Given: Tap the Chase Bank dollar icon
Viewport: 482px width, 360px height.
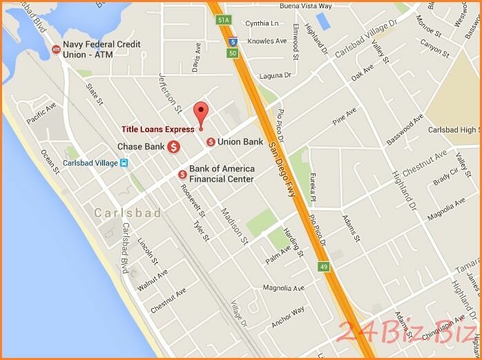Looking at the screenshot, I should pos(175,147).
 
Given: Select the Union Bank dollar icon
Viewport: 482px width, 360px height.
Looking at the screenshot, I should pos(211,142).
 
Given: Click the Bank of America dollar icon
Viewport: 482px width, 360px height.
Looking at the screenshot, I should pos(182,173).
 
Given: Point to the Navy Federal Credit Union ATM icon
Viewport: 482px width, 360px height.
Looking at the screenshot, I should pos(56,49).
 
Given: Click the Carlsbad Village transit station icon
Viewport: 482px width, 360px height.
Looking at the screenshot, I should pos(124,163).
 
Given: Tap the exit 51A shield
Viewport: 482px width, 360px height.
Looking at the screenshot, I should pos(223,21).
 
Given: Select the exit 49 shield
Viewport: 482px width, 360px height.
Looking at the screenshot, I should pos(324,267).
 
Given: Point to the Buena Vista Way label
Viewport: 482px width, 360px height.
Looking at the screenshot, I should pos(306,6).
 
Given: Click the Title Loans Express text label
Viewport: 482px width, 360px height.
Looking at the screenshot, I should pos(158,129).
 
